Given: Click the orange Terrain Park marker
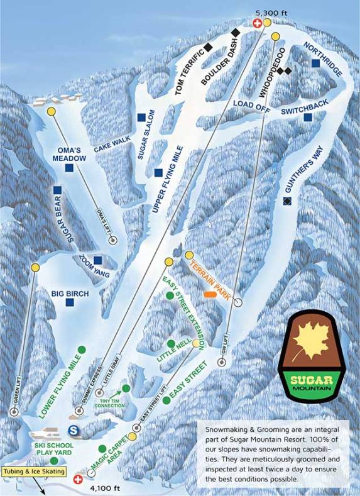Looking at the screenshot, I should click(x=209, y=294).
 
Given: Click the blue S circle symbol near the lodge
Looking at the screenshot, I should click(x=74, y=431).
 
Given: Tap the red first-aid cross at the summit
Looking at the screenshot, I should click(x=257, y=23).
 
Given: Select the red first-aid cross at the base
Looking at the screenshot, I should click(x=79, y=479).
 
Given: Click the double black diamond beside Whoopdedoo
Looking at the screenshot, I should click(x=284, y=71).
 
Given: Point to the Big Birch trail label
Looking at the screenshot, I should click(x=70, y=293).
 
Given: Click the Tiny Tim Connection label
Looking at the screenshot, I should click(x=111, y=403).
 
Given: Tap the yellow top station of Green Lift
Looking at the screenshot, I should click(x=35, y=268).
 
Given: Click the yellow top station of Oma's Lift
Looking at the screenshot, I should click(x=51, y=111).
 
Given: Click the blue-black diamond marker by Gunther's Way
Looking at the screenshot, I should click(x=287, y=201).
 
